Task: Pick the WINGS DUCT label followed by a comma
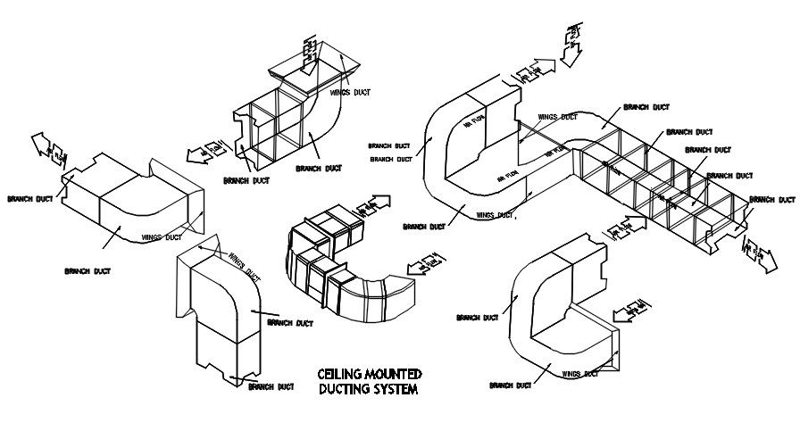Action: pos(496,214)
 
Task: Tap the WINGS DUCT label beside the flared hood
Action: pos(348,92)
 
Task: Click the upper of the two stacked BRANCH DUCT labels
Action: pos(388,145)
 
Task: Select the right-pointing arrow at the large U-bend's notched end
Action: pos(537,70)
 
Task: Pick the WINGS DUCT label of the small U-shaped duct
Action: pos(583,374)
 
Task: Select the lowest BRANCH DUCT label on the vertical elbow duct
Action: pos(271,386)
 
